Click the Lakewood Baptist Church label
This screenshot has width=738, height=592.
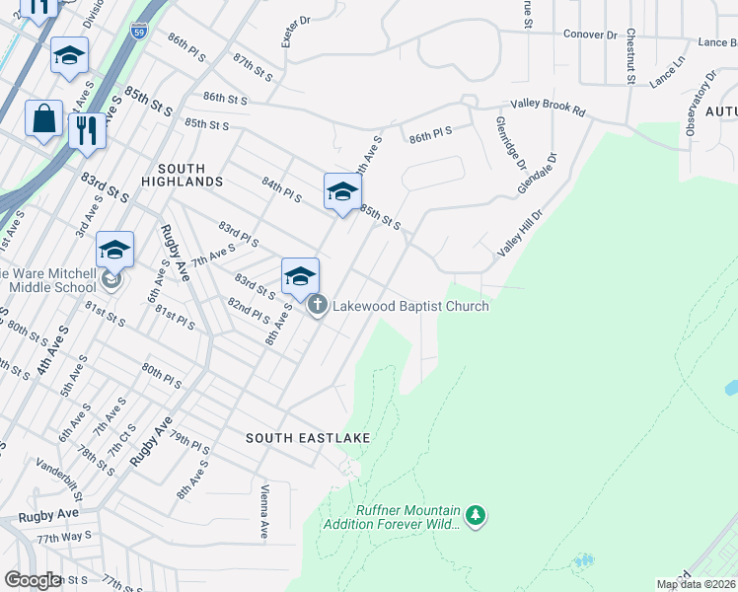(410, 306)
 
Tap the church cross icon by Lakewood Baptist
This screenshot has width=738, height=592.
(318, 305)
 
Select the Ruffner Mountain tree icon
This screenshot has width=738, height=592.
(477, 514)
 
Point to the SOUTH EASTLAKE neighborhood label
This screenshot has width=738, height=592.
(294, 437)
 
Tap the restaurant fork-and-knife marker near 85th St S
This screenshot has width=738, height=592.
(87, 130)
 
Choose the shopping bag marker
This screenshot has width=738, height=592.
(44, 119)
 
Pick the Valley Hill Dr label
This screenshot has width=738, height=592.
(521, 233)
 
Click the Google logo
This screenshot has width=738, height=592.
(33, 580)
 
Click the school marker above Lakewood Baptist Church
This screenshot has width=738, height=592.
(300, 277)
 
